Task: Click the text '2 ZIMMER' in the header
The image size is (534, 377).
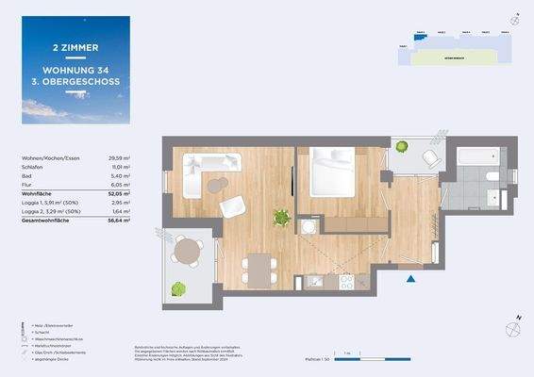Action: click(75, 47)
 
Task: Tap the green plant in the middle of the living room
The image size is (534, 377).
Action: click(280, 219)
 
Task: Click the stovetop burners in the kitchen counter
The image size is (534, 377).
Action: click(346, 280)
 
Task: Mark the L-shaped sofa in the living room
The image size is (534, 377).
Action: click(202, 169)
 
